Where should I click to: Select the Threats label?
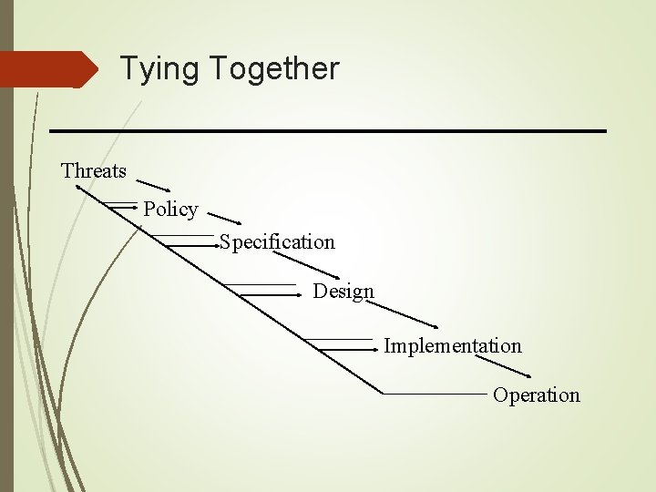click(x=94, y=170)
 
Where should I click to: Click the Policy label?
click(x=170, y=209)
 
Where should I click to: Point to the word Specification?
click(x=277, y=241)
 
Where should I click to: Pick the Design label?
click(x=343, y=292)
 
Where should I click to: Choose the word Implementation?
click(x=453, y=346)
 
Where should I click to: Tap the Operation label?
click(x=537, y=395)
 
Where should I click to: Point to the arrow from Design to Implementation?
click(x=401, y=312)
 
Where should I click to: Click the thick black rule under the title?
click(x=328, y=131)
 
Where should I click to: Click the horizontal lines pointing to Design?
click(x=270, y=292)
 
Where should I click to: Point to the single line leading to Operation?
click(x=436, y=394)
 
